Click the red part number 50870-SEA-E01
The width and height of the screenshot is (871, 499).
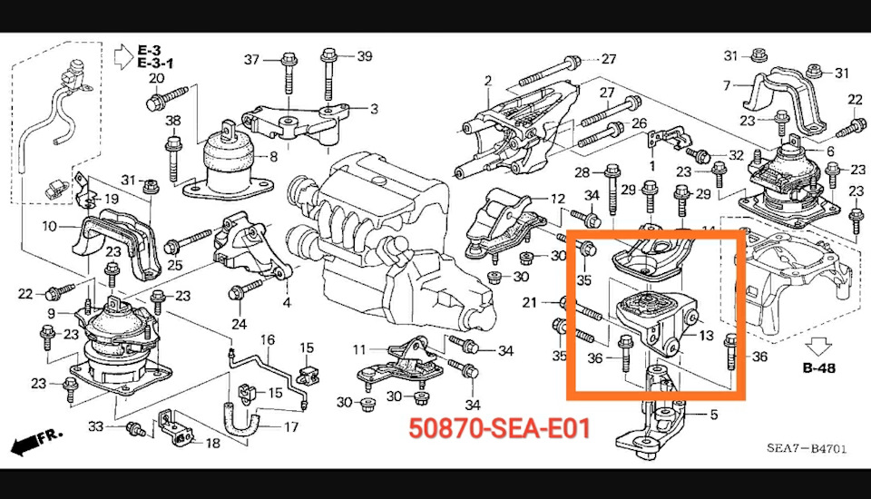tap(499, 428)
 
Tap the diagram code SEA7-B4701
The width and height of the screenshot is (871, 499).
tap(807, 448)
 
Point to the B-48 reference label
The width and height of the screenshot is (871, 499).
tap(818, 367)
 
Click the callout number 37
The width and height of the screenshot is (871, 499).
tap(251, 59)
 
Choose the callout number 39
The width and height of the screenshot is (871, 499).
tap(365, 56)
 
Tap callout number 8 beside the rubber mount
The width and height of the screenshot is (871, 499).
tap(273, 157)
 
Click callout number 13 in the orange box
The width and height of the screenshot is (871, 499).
tap(706, 335)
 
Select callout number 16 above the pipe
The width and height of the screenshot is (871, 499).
tap(267, 339)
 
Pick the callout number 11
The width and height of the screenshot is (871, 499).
tap(359, 349)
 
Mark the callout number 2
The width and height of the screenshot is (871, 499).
tap(488, 81)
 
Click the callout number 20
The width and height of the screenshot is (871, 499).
tap(157, 78)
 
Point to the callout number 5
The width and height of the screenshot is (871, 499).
tap(714, 415)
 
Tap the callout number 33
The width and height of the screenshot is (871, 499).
tap(95, 426)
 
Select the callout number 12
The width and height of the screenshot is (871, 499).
tap(557, 199)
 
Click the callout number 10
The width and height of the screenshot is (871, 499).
tap(49, 226)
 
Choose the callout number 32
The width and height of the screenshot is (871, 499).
tap(736, 155)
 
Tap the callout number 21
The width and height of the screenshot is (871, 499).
tap(529, 302)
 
